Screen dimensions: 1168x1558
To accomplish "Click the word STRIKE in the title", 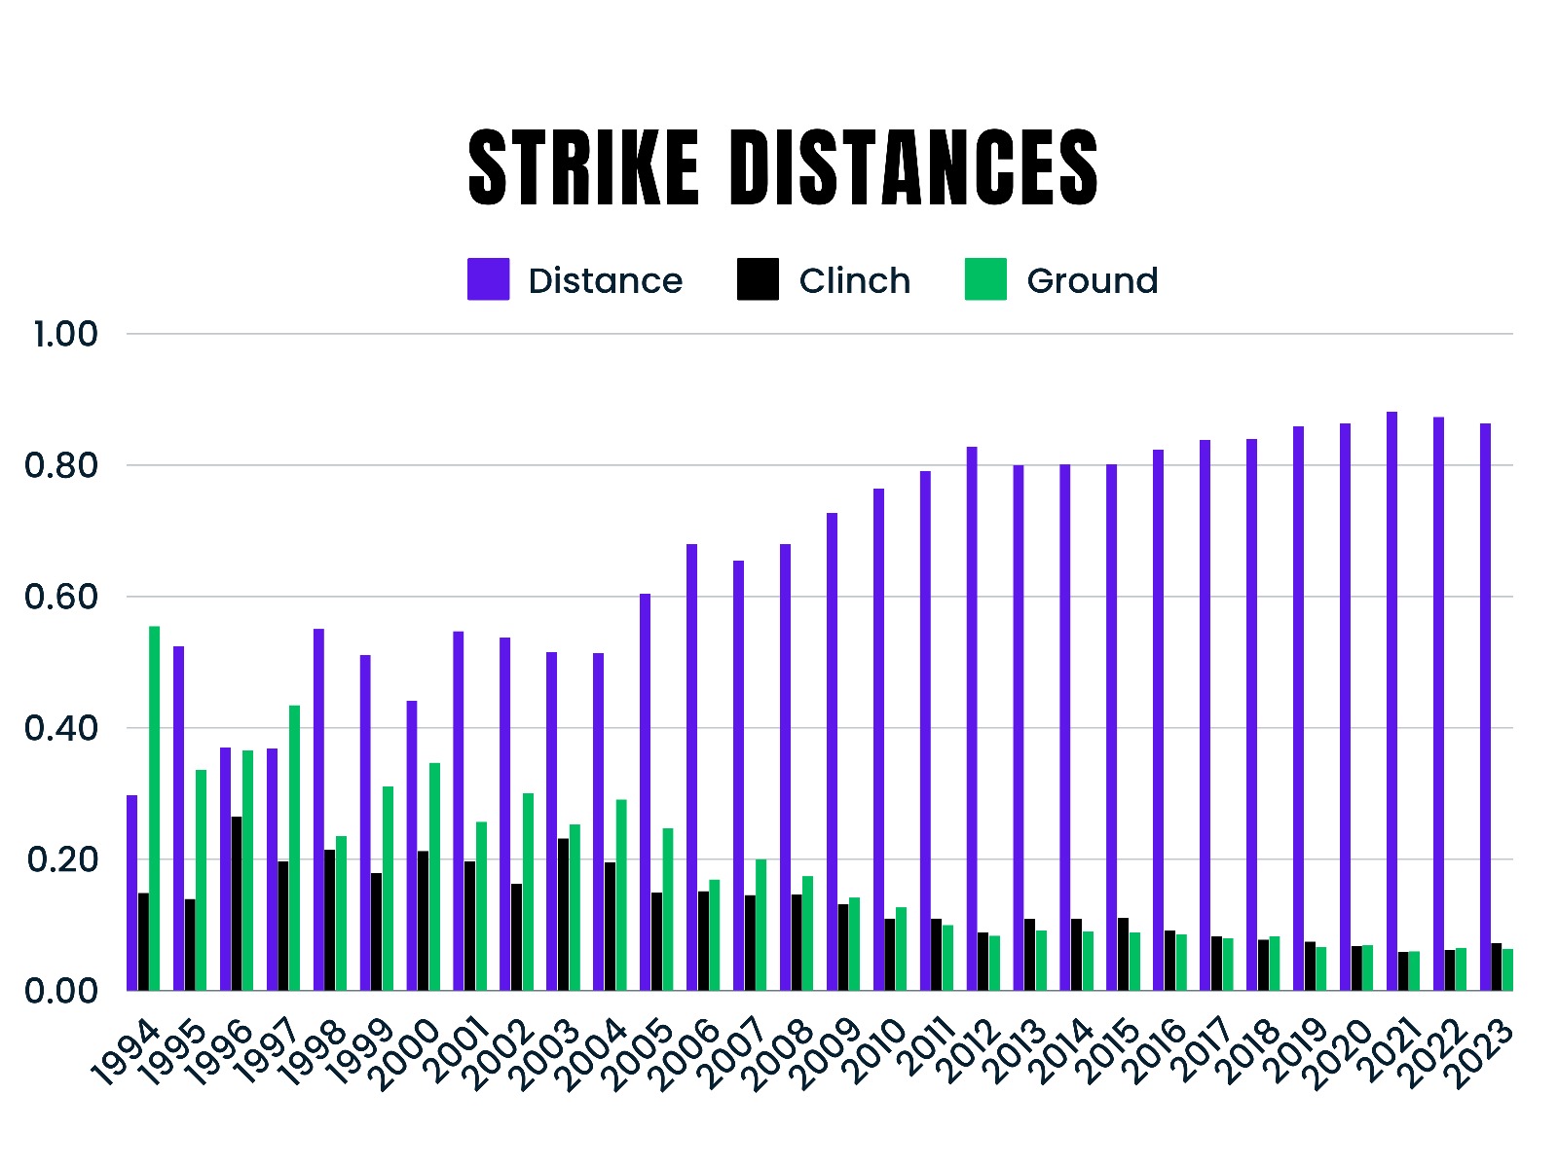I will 583,167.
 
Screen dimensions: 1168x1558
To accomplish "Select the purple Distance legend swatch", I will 488,279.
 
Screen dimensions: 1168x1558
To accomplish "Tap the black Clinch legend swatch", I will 758,279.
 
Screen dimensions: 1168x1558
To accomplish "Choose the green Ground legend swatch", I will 985,279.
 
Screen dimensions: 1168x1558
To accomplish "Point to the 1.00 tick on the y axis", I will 65,334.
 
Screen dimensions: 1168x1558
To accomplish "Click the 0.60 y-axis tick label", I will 61,597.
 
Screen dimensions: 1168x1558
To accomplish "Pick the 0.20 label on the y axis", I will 61,859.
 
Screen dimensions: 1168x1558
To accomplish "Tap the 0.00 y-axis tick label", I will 61,991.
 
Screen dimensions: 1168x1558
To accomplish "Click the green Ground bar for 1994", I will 154,808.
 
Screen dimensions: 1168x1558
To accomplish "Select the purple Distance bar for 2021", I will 1391,701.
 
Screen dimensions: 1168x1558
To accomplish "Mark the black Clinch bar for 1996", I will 237,903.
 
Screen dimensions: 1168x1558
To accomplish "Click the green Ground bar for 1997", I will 294,848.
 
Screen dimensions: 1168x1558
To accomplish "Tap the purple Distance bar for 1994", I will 131,893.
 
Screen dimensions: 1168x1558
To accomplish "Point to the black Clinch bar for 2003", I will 563,914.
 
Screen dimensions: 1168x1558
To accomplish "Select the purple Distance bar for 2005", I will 645,791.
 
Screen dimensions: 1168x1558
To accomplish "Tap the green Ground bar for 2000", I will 434,876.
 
